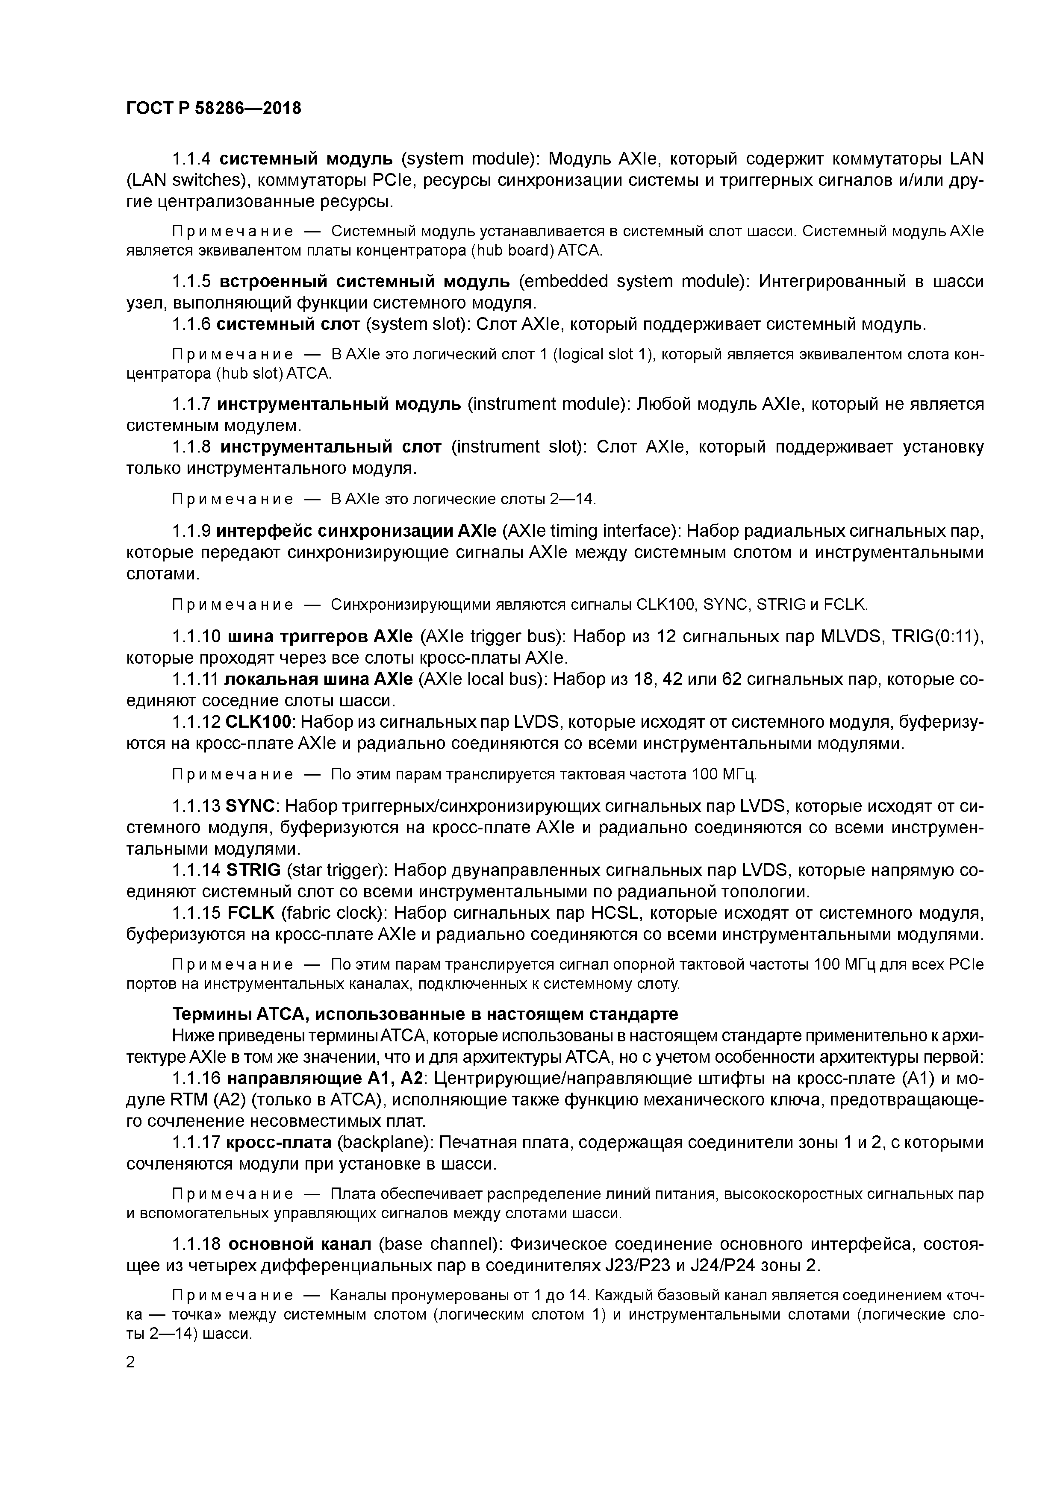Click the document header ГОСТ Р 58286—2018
[x=214, y=109]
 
